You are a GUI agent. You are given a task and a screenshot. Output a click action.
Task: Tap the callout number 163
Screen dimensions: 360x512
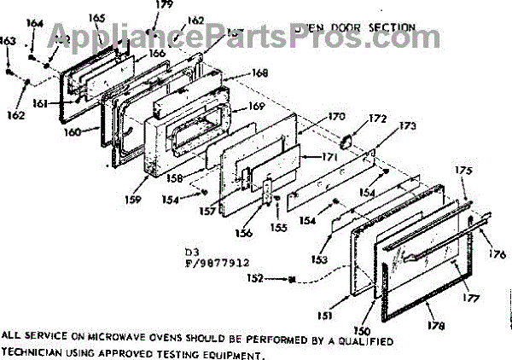pos(7,40)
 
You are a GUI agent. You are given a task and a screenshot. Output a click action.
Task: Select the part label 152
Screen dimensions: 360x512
pos(256,278)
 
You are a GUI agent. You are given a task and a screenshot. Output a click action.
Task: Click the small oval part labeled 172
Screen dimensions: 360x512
pos(349,142)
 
